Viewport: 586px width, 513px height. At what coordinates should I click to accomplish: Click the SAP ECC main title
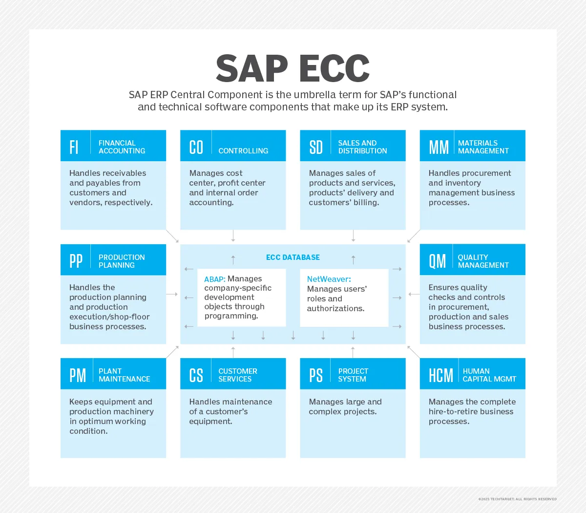pos(293,68)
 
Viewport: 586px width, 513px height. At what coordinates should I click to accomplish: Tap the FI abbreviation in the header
pos(74,147)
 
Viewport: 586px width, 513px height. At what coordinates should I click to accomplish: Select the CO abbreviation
pos(196,147)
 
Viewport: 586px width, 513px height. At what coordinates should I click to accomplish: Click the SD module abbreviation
pos(316,147)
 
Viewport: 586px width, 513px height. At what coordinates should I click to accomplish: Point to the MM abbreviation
pos(439,147)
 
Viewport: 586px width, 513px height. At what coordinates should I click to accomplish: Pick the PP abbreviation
pos(76,261)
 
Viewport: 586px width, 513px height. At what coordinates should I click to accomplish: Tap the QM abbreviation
pos(437,261)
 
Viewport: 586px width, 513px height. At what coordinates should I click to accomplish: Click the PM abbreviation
pos(77,375)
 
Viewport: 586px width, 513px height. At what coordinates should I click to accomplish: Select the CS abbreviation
pos(196,375)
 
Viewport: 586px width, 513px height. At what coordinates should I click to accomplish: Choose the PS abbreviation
pos(316,375)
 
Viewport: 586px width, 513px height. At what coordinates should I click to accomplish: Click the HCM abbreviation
pos(440,375)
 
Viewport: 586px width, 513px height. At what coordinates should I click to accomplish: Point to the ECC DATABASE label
pos(293,257)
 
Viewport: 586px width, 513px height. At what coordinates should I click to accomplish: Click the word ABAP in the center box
pos(214,279)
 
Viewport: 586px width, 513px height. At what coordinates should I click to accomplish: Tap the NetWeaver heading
pos(329,279)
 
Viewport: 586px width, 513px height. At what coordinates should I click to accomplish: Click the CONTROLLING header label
pos(243,151)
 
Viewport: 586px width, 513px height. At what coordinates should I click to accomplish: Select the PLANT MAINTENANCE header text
pos(124,375)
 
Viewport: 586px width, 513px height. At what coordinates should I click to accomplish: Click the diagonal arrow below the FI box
pos(172,236)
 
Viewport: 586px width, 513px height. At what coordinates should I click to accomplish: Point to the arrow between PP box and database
pos(172,294)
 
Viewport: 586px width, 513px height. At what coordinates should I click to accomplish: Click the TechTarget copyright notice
pos(517,499)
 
